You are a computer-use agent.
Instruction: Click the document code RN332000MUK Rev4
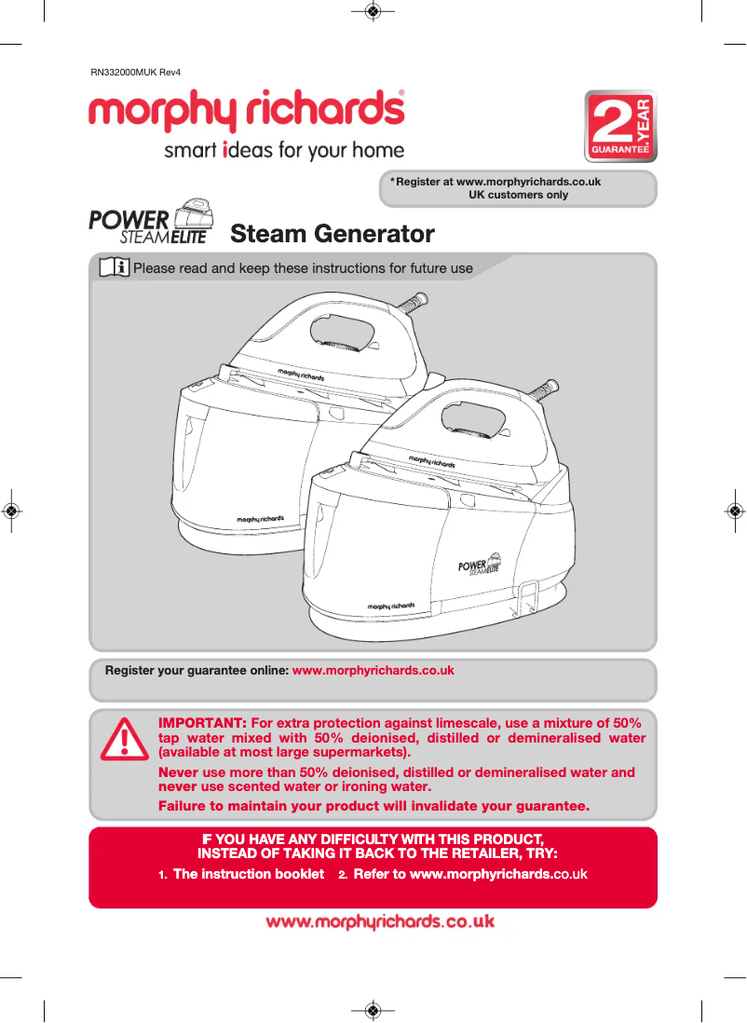[x=134, y=72]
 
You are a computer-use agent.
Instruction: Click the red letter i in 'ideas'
[x=225, y=150]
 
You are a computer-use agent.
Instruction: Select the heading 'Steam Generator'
[x=332, y=233]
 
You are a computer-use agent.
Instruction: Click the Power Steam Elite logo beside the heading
[x=149, y=223]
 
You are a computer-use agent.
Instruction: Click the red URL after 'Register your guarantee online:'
[x=373, y=671]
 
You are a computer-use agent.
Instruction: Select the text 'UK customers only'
[x=518, y=195]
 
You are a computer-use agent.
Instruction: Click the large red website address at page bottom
[x=379, y=922]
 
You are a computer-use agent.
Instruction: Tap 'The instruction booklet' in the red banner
[x=248, y=874]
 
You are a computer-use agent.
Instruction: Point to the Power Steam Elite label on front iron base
[x=480, y=567]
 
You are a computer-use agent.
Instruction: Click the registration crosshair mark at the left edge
[x=11, y=511]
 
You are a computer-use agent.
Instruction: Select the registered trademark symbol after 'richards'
[x=401, y=93]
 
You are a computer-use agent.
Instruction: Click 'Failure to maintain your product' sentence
[x=374, y=806]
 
